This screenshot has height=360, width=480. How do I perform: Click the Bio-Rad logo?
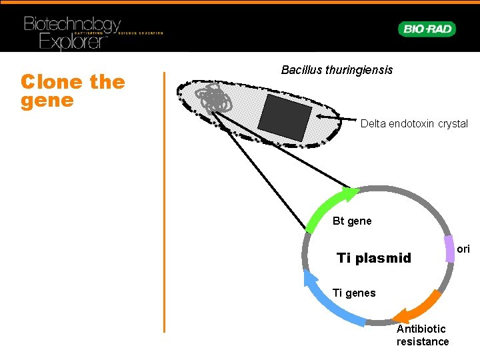coord(427,29)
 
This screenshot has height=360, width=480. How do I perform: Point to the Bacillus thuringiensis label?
coord(337,70)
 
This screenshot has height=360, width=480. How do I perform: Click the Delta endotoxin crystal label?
coord(414,124)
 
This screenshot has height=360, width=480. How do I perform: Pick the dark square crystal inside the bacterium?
coord(285,113)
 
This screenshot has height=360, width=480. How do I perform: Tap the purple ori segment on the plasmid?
coord(450,249)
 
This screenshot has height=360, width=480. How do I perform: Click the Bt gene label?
coord(352,221)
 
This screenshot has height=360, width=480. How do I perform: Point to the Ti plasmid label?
coord(374,258)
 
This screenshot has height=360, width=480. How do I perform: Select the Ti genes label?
coord(353,293)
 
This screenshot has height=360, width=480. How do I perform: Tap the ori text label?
coord(464,249)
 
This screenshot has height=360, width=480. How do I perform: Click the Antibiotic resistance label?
coord(423,335)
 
